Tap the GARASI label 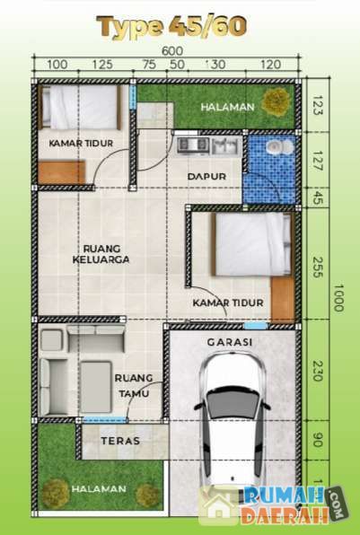click(x=230, y=342)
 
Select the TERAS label click(x=120, y=441)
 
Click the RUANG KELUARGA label click(x=101, y=254)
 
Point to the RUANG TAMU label click(x=134, y=386)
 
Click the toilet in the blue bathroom click(x=279, y=148)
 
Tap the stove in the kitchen click(x=193, y=145)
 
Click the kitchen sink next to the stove click(x=224, y=145)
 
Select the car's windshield click(x=233, y=403)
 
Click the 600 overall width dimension click(x=172, y=51)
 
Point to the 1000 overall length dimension click(x=338, y=298)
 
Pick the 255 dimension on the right click(x=317, y=267)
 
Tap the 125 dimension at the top click(x=102, y=64)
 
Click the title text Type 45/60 click(x=171, y=27)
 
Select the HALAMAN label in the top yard click(x=228, y=107)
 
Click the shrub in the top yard click(x=277, y=102)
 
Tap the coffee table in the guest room click(x=96, y=387)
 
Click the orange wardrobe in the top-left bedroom click(x=61, y=172)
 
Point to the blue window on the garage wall click(x=256, y=326)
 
